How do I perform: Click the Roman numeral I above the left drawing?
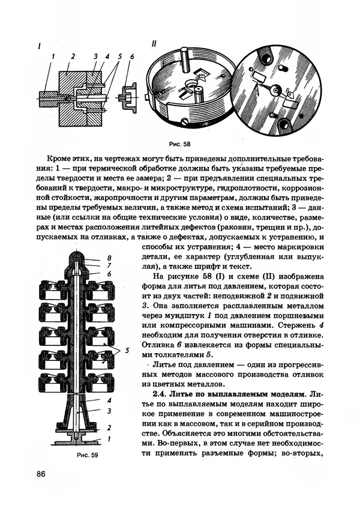coord(39,46)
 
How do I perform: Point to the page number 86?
coord(41,474)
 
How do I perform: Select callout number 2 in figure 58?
coord(72,56)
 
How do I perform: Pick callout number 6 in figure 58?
coord(131,56)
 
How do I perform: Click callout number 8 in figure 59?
coord(110,258)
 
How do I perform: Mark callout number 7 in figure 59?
coord(110,265)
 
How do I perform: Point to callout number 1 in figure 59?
coord(109,440)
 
